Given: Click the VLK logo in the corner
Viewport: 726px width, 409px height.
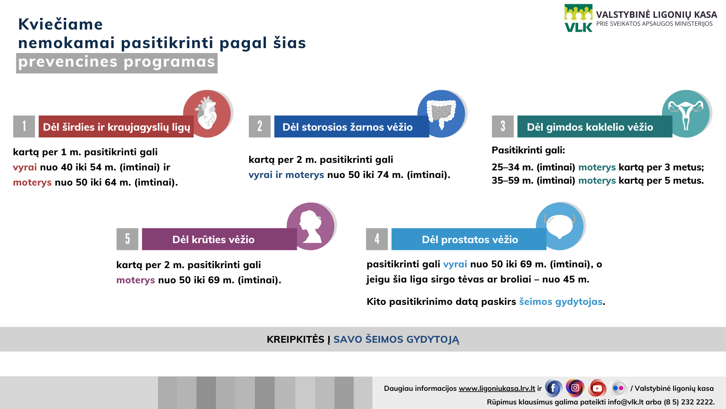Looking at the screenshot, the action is click(579, 18).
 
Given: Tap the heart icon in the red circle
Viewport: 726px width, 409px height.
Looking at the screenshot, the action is click(206, 113).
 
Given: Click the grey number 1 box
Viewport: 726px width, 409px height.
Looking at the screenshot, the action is click(24, 126).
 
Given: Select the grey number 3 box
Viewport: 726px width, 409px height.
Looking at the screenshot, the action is click(503, 126).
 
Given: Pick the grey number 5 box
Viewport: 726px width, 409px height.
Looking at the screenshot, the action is click(127, 239).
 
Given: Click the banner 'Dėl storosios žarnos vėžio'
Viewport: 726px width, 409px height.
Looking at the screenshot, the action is click(352, 126).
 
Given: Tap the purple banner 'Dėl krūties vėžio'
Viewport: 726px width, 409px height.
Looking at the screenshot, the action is click(219, 239).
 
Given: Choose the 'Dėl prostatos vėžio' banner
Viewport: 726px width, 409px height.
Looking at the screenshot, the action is click(469, 239).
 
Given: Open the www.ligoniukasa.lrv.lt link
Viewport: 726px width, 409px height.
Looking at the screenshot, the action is click(497, 388).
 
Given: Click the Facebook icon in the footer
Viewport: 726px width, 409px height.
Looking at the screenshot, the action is click(553, 388).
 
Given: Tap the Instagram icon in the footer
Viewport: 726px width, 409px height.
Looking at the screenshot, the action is click(575, 388).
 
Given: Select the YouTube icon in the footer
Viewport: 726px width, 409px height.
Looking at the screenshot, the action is click(597, 388).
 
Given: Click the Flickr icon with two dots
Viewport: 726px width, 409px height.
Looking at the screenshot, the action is click(619, 388).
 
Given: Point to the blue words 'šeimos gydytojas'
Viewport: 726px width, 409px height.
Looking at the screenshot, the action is click(561, 301).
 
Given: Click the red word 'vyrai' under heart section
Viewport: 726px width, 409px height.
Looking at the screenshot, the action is click(25, 167).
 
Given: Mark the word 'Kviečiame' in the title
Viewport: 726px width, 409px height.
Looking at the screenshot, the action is click(60, 24).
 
